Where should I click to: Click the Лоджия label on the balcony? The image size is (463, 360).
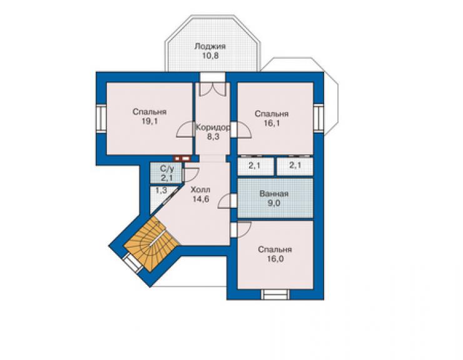coord(210,46)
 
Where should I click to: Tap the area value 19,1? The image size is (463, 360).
coord(150,121)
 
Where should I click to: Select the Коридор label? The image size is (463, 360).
coord(213,128)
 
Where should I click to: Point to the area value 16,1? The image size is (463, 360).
coord(272,123)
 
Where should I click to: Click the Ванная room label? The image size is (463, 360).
coord(273,194)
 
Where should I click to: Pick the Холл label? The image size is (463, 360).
coord(200,190)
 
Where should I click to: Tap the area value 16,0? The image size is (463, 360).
coord(275,259)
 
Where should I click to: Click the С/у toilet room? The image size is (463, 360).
coord(166,173)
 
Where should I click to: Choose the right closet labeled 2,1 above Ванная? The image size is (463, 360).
coord(295,167)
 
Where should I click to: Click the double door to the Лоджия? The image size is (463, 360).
coord(213,90)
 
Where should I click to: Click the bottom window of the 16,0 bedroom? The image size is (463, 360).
coord(275,295)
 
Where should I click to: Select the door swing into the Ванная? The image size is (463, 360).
coord(227,201)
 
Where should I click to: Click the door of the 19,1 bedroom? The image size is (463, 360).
coord(185,130)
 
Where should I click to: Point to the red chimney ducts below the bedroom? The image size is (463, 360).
coord(182,158)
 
